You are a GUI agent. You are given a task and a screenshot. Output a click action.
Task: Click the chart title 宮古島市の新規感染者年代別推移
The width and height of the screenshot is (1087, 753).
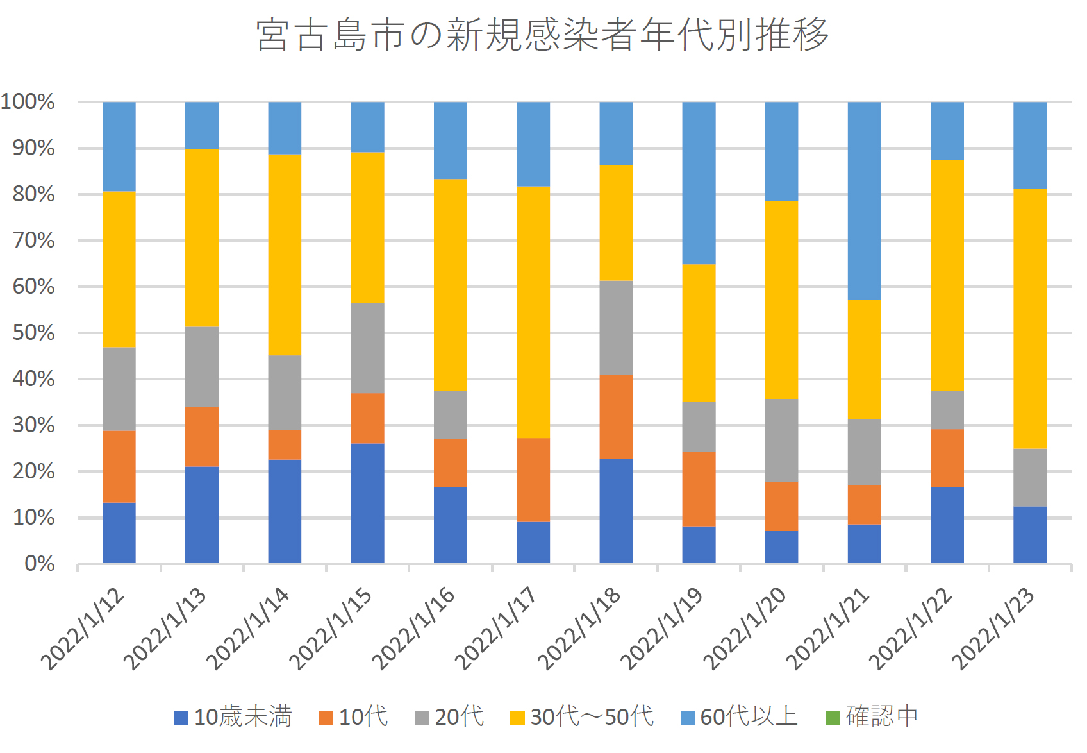coord(542,35)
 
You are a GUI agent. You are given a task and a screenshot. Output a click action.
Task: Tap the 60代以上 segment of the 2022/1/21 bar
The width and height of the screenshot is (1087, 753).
coord(864,201)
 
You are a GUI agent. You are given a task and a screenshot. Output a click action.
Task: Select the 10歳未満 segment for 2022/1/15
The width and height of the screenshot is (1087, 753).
coord(367,503)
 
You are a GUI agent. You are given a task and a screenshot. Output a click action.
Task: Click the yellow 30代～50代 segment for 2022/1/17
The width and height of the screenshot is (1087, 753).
coord(533,312)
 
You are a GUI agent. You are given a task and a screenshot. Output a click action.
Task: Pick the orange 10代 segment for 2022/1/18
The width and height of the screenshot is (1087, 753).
coord(616,417)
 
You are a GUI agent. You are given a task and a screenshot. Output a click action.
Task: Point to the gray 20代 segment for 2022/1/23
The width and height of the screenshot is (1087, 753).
coord(1030,478)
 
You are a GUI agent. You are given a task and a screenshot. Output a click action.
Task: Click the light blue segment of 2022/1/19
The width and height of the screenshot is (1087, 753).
coord(699,183)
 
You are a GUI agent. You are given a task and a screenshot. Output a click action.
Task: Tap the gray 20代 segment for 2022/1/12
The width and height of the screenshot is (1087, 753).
coord(119,389)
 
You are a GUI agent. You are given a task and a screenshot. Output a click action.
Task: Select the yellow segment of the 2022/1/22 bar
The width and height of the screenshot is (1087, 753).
coord(947,275)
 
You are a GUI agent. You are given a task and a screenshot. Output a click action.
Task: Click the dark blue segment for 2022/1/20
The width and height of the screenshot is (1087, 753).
coord(781,546)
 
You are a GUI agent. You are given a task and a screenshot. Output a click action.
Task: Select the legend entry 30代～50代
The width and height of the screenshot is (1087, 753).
coord(582,716)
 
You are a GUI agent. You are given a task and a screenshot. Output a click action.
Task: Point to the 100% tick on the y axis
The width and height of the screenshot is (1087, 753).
coord(28,101)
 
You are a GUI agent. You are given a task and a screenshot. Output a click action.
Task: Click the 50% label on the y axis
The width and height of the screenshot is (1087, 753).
coord(33,333)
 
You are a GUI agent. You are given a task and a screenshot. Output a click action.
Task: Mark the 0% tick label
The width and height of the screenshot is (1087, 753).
coord(39,564)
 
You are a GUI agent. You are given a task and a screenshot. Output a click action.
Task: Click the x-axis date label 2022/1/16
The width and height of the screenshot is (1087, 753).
coord(413,628)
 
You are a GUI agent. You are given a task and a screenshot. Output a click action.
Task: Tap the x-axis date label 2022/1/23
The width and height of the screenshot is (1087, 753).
coord(993,628)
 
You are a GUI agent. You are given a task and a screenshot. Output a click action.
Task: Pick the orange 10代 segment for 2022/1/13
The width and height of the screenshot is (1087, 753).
coord(202,437)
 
